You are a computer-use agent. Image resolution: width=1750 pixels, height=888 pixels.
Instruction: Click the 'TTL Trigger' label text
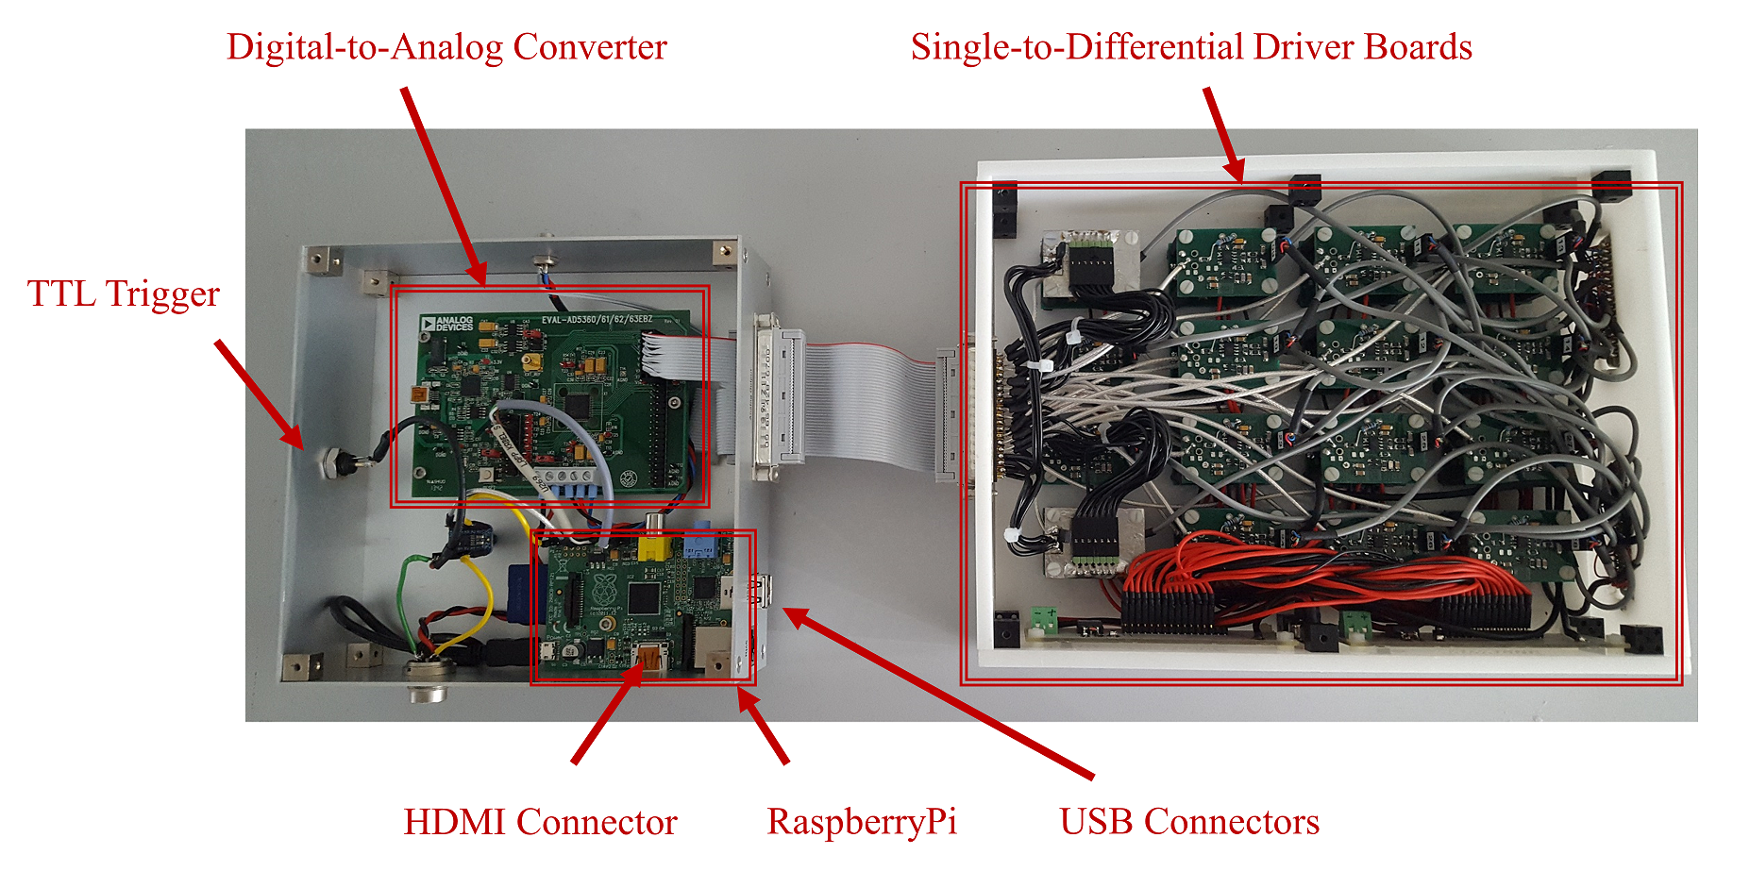click(123, 293)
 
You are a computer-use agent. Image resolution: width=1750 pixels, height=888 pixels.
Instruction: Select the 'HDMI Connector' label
click(540, 822)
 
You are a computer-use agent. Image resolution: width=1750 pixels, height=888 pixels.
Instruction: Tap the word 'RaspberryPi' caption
click(862, 822)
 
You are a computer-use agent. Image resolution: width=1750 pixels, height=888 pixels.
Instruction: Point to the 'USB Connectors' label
click(1188, 822)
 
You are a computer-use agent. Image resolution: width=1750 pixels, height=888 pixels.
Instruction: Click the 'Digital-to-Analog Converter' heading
click(446, 47)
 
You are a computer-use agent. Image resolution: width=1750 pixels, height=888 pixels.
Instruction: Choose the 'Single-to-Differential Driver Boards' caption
click(1191, 47)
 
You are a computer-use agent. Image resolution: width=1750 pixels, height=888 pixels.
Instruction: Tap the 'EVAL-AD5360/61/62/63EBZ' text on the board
click(597, 320)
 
